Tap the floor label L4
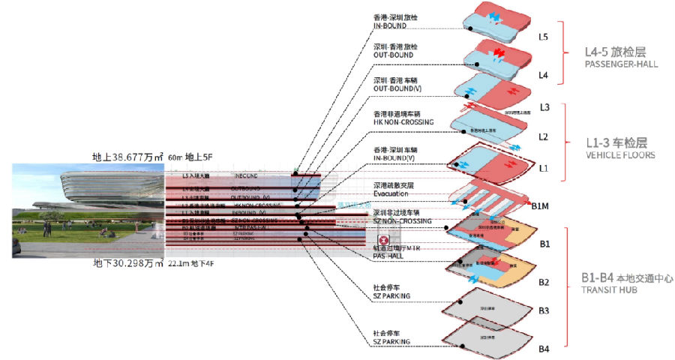(x=544, y=76)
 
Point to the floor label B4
(x=544, y=349)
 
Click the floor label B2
(x=544, y=282)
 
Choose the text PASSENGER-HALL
(x=621, y=64)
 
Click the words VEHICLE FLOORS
(x=619, y=155)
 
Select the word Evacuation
(x=391, y=193)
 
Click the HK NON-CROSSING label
(x=403, y=122)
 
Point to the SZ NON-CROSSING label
(x=403, y=221)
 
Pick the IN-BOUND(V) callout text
(x=394, y=157)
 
